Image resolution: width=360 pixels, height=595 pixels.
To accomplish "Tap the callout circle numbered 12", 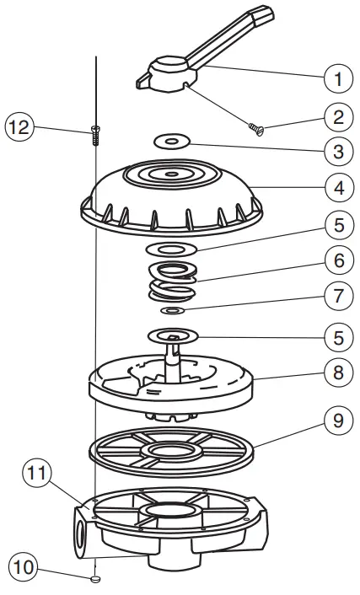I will pyautogui.click(x=19, y=129).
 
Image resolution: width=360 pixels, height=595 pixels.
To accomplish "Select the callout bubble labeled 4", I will pyautogui.click(x=337, y=187).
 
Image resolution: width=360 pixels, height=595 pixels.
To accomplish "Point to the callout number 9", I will pyautogui.click(x=337, y=421).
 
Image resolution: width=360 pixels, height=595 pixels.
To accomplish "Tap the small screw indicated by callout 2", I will pyautogui.click(x=256, y=128).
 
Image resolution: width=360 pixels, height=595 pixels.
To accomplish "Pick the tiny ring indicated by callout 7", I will pyautogui.click(x=174, y=311).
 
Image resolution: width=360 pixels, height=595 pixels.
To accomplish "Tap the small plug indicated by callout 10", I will pyautogui.click(x=96, y=579).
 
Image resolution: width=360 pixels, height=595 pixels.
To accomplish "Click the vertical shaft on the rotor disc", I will pyautogui.click(x=175, y=362).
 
